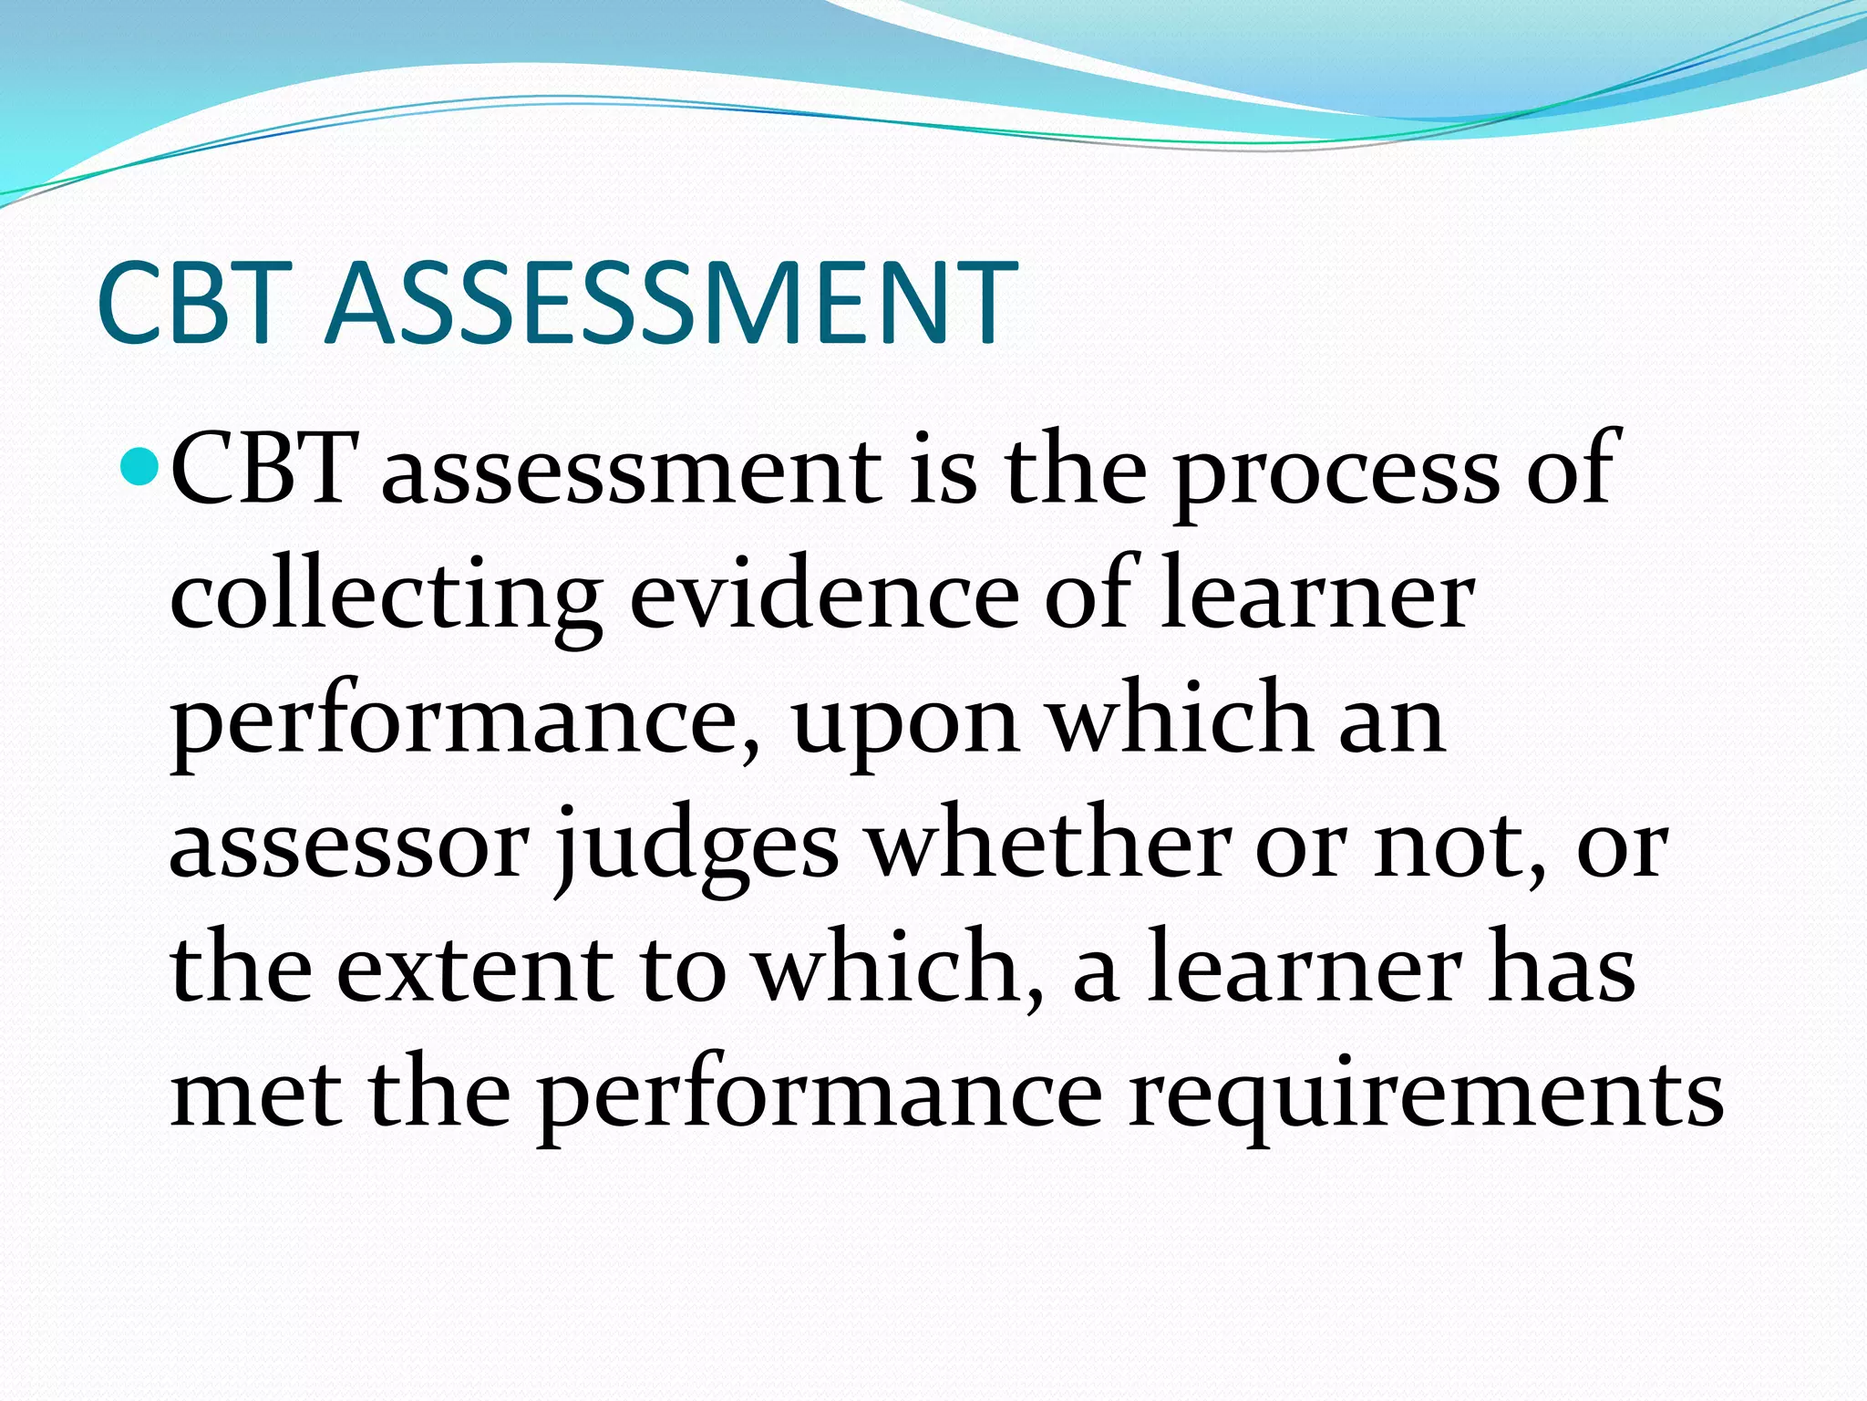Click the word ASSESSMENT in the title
[x=671, y=303]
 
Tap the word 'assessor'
[x=349, y=846]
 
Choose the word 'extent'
[x=474, y=970]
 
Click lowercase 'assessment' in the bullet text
[x=631, y=471]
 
